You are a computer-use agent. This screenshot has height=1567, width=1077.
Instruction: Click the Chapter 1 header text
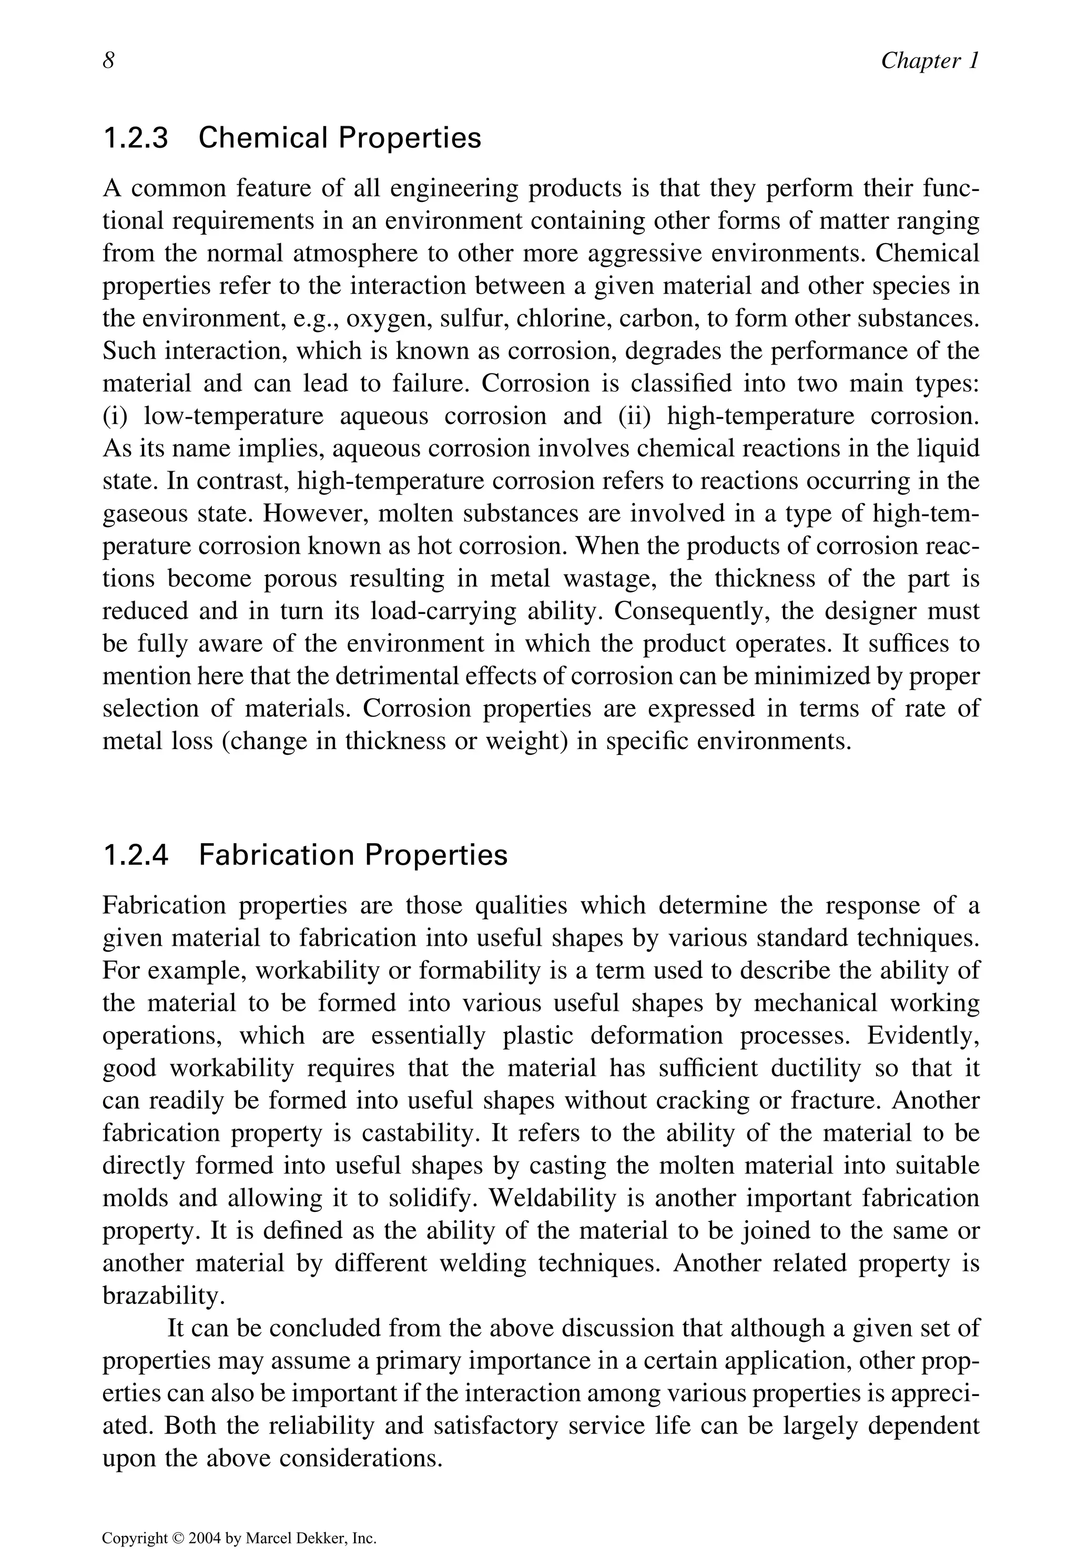pos(929,62)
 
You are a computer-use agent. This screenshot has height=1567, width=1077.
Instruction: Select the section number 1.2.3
pos(135,138)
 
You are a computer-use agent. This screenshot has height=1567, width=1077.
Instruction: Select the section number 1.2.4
pos(135,856)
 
